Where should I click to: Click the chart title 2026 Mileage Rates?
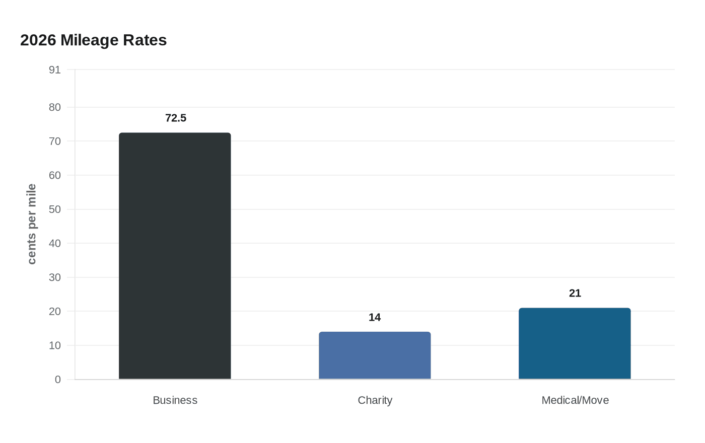click(93, 40)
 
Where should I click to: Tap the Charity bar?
click(375, 355)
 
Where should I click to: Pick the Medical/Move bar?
click(575, 343)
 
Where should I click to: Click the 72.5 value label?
click(176, 118)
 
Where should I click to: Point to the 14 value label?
click(375, 318)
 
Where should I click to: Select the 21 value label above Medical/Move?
click(575, 293)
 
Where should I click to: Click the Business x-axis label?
click(175, 400)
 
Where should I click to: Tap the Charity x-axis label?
click(375, 400)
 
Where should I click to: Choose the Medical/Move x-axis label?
click(575, 400)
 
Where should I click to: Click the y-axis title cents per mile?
click(32, 224)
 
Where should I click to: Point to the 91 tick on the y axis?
click(54, 70)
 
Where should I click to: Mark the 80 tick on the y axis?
click(54, 107)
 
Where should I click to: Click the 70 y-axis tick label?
click(54, 141)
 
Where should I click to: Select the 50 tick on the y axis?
click(54, 209)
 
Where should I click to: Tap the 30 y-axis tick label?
click(54, 277)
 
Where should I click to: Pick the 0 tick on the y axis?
click(57, 380)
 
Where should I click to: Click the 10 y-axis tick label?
click(54, 345)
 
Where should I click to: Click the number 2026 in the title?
click(38, 40)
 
